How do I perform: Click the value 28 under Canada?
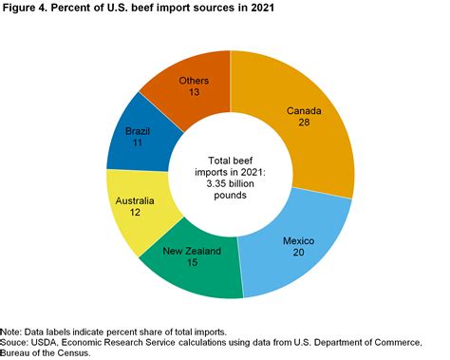[x=304, y=123]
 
